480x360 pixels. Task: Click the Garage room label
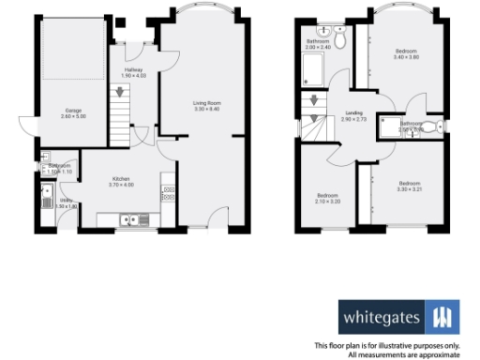pyautogui.click(x=72, y=110)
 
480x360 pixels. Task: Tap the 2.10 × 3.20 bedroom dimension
pyautogui.click(x=328, y=202)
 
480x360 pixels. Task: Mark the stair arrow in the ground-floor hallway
pyautogui.click(x=119, y=92)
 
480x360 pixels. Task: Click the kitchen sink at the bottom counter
pyautogui.click(x=128, y=220)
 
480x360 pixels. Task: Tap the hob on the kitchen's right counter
pyautogui.click(x=169, y=196)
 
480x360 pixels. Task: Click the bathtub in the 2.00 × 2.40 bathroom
pyautogui.click(x=311, y=69)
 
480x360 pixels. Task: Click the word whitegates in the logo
pyautogui.click(x=382, y=316)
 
